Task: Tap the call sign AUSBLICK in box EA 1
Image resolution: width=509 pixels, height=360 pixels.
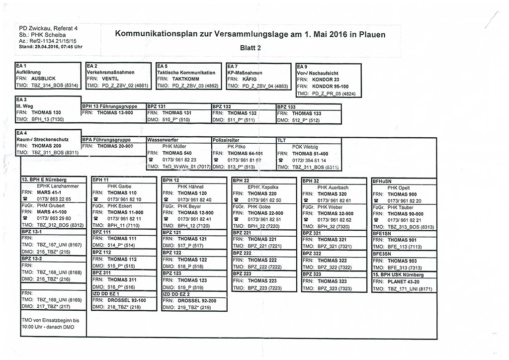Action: coord(43,79)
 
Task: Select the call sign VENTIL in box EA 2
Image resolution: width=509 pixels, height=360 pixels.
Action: coord(110,79)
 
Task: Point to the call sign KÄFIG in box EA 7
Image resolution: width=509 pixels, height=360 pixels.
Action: coord(250,79)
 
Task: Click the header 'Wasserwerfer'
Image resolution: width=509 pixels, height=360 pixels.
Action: coord(163,140)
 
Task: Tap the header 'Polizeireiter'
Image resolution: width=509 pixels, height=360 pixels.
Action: coord(227,140)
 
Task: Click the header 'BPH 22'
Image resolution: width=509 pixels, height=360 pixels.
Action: coord(241,180)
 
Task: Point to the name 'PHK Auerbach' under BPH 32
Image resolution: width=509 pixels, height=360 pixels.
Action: coord(333,187)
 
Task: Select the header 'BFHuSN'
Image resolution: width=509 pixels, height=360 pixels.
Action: coord(383,181)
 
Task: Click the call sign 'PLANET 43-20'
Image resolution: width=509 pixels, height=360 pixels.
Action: coord(404,282)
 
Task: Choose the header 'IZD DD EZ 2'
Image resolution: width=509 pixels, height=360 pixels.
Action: coord(178,294)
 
